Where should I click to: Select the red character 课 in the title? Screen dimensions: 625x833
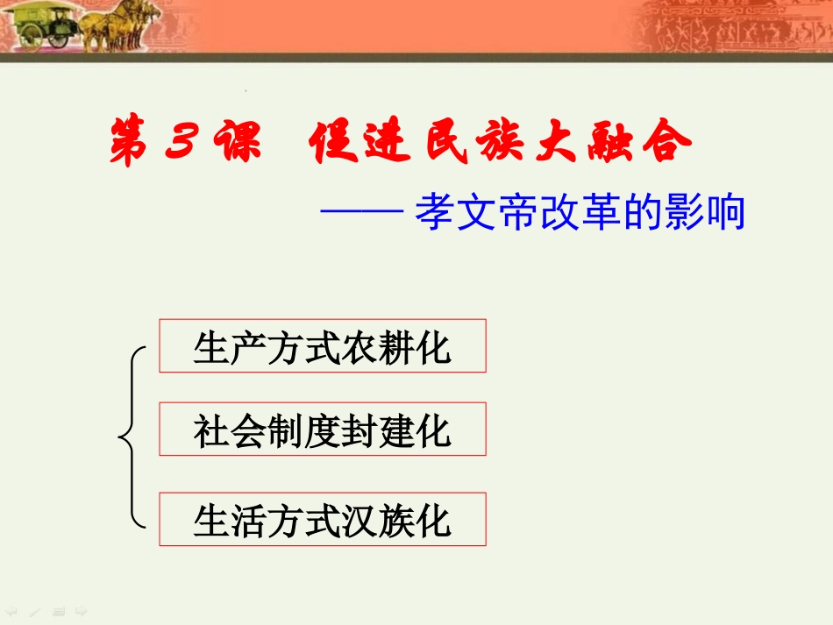[234, 142]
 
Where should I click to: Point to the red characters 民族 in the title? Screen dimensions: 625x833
[474, 142]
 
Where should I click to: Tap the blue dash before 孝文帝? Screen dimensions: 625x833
[361, 213]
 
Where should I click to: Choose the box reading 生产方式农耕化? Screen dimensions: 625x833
[322, 346]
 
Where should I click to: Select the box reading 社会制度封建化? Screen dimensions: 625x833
[322, 430]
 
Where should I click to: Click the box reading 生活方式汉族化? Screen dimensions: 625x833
[322, 520]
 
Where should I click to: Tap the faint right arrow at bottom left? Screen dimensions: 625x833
[80, 610]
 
